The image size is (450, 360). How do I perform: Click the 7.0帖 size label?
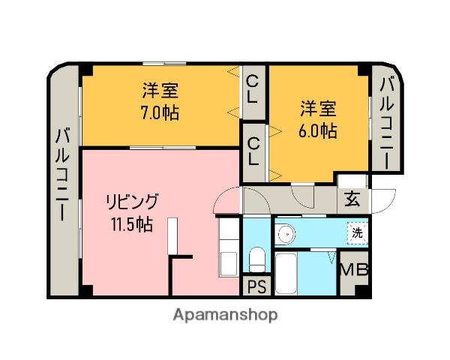pyautogui.click(x=160, y=114)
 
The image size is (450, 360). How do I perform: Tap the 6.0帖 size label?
pyautogui.click(x=319, y=130)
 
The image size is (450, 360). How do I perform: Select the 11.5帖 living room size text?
pyautogui.click(x=133, y=223)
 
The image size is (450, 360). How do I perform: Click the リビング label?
pyautogui.click(x=132, y=202)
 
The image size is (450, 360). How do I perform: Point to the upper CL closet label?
pyautogui.click(x=253, y=89)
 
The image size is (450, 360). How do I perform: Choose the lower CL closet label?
pyautogui.click(x=253, y=151)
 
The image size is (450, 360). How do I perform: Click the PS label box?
pyautogui.click(x=256, y=285)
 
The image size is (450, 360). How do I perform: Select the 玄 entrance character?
pyautogui.click(x=352, y=199)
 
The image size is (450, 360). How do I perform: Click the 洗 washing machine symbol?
pyautogui.click(x=358, y=232)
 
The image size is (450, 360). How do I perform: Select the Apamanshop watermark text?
pyautogui.click(x=225, y=315)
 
